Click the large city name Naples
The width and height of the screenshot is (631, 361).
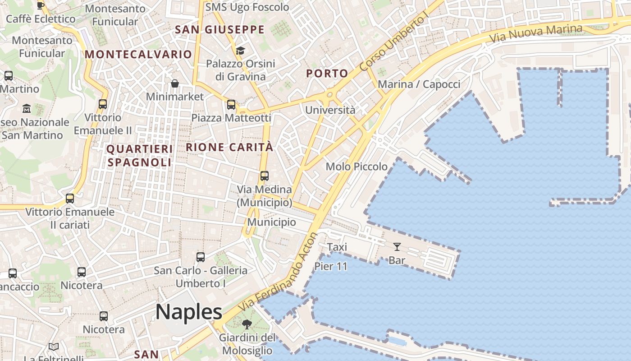(x=189, y=312)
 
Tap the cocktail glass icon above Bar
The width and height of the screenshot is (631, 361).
(x=397, y=246)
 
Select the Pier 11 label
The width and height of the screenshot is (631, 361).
(x=331, y=266)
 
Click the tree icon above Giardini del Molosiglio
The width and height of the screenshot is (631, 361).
(x=247, y=324)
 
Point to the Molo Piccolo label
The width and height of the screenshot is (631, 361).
(x=357, y=167)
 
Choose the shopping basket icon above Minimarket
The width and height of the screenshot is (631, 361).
(x=175, y=83)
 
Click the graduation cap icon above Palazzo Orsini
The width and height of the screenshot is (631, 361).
(x=240, y=50)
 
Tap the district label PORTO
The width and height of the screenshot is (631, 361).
(x=327, y=73)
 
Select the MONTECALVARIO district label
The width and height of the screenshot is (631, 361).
(x=138, y=54)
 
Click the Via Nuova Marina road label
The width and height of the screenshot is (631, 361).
(x=536, y=34)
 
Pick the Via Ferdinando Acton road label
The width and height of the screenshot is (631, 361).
(x=278, y=272)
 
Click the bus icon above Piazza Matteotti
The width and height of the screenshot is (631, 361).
(x=231, y=105)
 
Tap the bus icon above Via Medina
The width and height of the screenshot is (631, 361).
(x=265, y=176)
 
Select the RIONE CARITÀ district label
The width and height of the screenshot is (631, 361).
(x=229, y=147)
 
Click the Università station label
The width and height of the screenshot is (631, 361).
(x=330, y=110)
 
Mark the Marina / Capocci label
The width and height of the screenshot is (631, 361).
(x=419, y=84)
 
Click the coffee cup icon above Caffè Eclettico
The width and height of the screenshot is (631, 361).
(x=41, y=5)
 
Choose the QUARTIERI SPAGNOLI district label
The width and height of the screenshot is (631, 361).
(x=140, y=156)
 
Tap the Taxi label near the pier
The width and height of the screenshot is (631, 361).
(x=337, y=247)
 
